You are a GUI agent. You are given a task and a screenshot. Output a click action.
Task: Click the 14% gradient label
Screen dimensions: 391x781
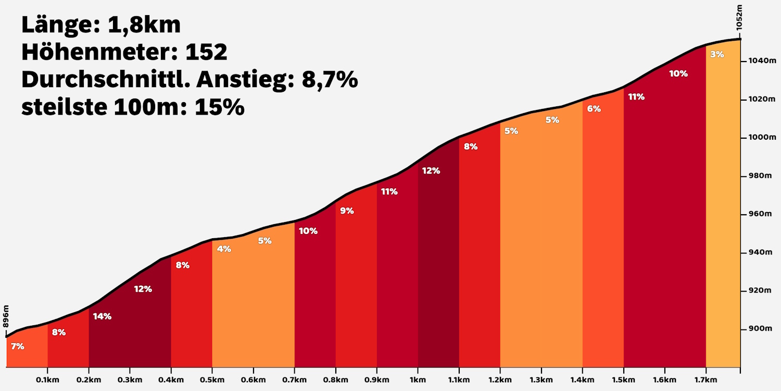pyautogui.click(x=102, y=316)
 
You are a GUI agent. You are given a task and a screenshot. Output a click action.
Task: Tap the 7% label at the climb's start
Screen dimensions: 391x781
pyautogui.click(x=18, y=346)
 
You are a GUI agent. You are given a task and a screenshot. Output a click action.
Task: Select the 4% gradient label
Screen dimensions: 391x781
pyautogui.click(x=224, y=249)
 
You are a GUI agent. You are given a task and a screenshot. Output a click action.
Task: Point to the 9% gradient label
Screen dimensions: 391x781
pyautogui.click(x=347, y=211)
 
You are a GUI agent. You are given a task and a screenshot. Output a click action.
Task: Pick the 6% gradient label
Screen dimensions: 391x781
pyautogui.click(x=594, y=108)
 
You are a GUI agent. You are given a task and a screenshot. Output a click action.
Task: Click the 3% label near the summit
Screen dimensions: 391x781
pyautogui.click(x=717, y=54)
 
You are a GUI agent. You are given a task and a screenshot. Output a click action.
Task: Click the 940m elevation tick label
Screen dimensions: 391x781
pyautogui.click(x=758, y=252)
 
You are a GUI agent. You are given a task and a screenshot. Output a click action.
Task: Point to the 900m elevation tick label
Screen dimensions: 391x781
pyautogui.click(x=758, y=328)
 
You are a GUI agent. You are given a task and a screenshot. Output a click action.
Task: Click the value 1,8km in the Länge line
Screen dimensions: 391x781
pyautogui.click(x=144, y=25)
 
